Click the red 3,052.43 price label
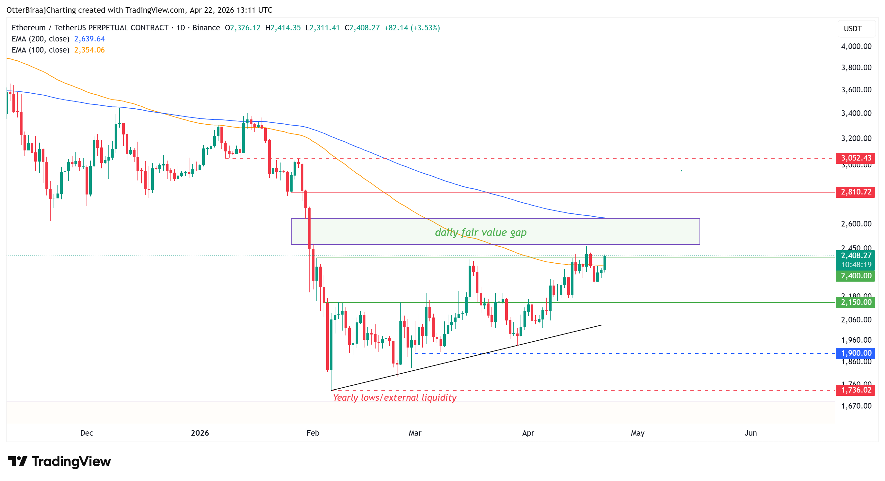[x=856, y=158]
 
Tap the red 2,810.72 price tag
[x=856, y=192]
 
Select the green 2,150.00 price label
[x=856, y=302]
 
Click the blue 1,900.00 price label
[x=856, y=353]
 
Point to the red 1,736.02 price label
[x=856, y=390]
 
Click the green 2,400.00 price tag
[x=856, y=276]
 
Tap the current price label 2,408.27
[x=856, y=256]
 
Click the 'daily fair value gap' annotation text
[x=480, y=232]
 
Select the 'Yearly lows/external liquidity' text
[x=394, y=397]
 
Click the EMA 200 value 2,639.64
[x=89, y=39]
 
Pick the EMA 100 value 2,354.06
[x=89, y=50]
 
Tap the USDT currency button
[x=853, y=28]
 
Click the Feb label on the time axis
[x=313, y=433]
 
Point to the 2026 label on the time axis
[x=200, y=433]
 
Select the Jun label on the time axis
[x=751, y=433]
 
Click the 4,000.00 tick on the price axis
[x=856, y=46]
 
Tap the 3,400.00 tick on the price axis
[x=856, y=113]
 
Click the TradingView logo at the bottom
[x=59, y=461]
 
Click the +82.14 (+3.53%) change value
[x=412, y=28]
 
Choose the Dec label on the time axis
[x=87, y=433]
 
